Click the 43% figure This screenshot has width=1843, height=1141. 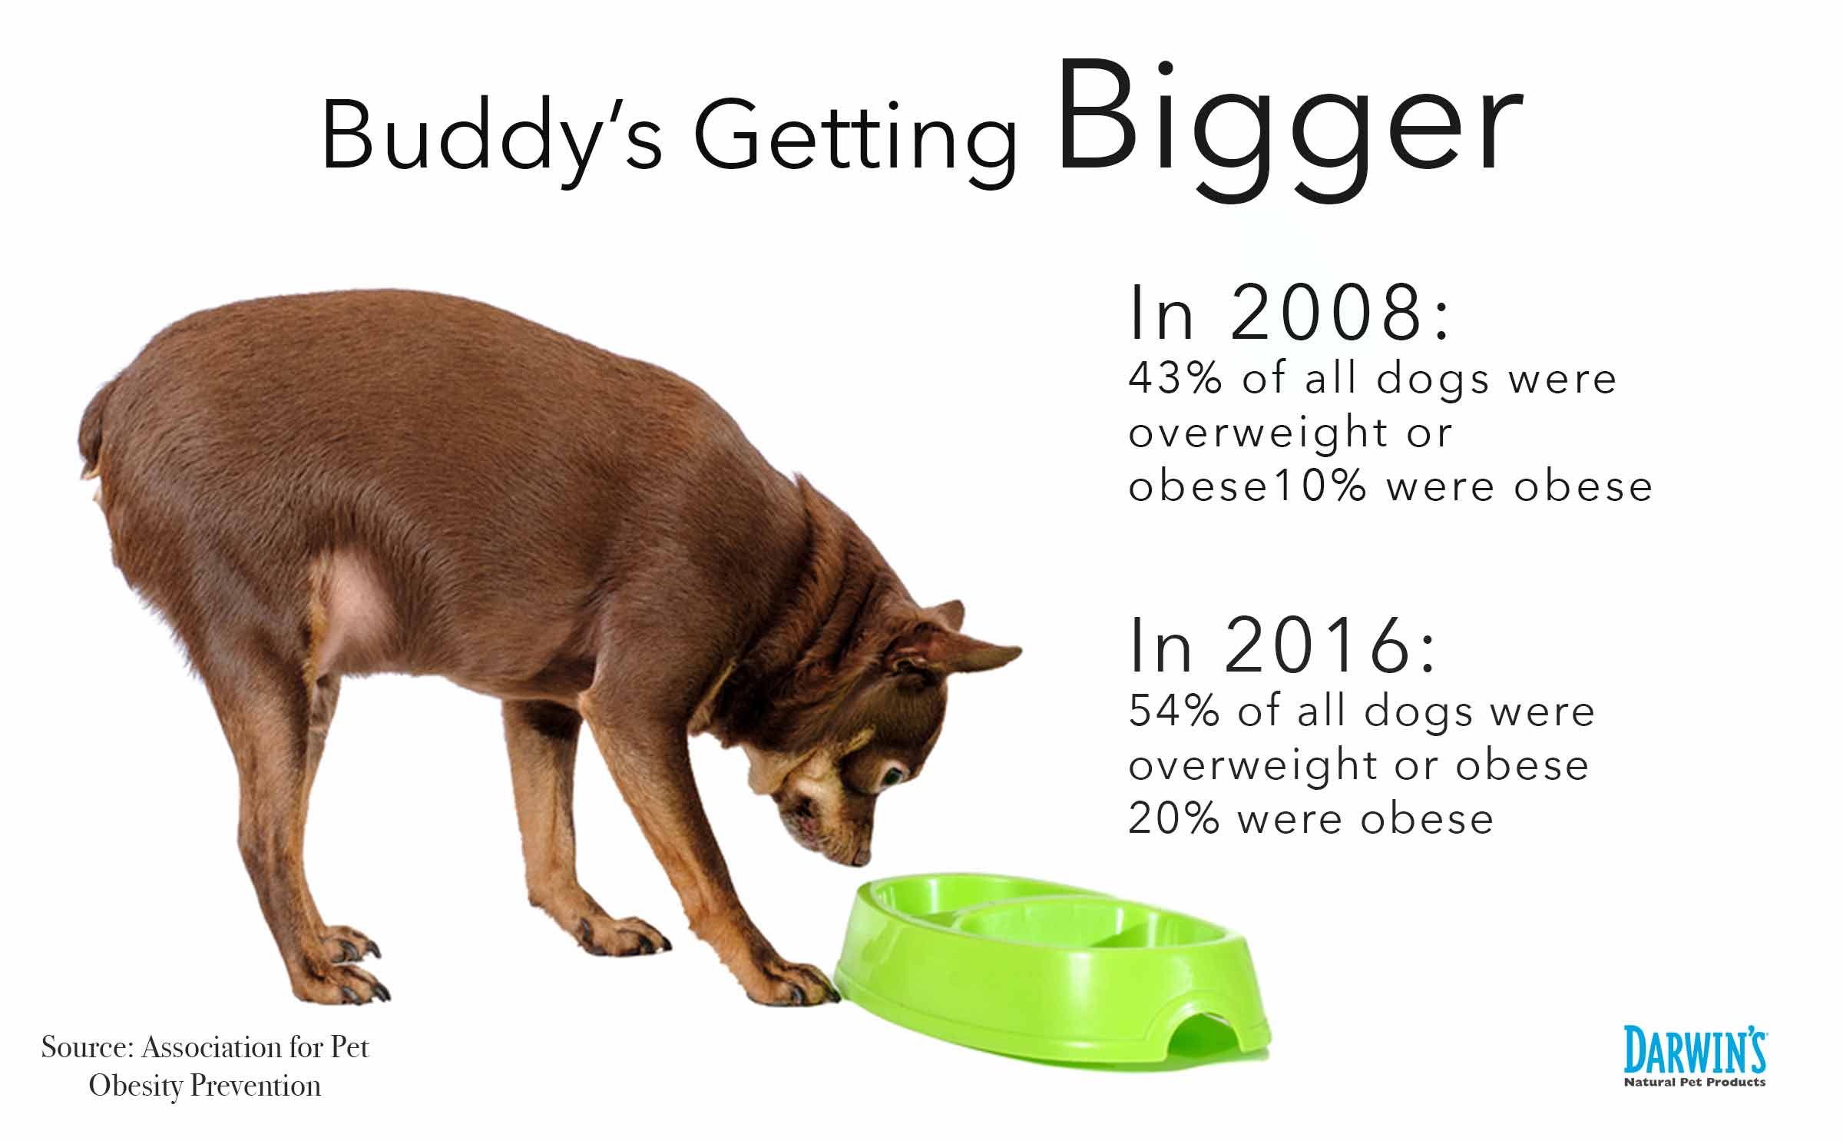tap(1174, 378)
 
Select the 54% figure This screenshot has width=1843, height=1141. tap(1174, 711)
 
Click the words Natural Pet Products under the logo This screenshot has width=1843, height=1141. tap(1695, 1082)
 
